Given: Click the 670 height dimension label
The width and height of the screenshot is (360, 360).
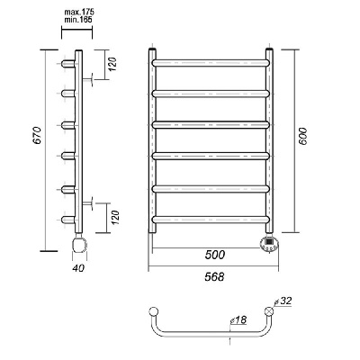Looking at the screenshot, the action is (37, 136).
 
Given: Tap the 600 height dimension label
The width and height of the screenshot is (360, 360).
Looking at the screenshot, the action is (303, 137).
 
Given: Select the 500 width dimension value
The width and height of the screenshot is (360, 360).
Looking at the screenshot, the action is (215, 255).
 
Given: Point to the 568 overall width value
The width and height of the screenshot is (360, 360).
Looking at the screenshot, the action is (214, 276).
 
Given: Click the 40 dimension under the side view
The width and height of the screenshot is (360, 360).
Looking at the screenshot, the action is (78, 267).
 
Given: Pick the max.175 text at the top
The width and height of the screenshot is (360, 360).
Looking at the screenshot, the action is (79, 13).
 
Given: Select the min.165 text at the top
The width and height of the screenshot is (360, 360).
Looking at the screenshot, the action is (78, 20).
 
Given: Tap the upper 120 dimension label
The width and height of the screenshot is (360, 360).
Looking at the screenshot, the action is (112, 64).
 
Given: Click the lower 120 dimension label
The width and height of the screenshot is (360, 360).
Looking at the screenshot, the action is (115, 218).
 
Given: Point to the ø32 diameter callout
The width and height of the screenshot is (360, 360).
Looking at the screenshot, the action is (283, 301).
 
